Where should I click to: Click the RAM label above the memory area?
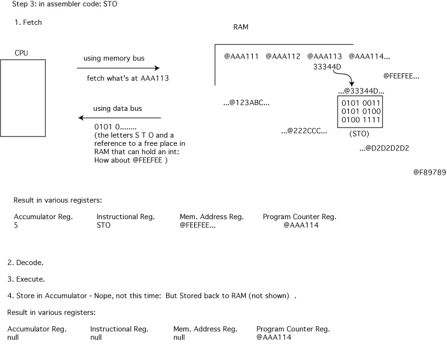click(x=241, y=27)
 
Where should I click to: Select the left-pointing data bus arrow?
click(x=119, y=118)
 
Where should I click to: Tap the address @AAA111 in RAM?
click(x=241, y=57)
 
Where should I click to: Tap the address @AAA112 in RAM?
click(x=283, y=57)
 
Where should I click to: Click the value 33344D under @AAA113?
click(x=328, y=66)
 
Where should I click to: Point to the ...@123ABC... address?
click(x=246, y=103)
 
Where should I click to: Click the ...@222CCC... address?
click(x=304, y=131)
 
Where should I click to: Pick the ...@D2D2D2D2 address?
click(x=384, y=148)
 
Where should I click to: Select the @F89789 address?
click(x=429, y=172)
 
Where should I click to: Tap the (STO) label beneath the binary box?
click(x=360, y=134)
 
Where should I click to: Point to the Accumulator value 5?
click(x=16, y=225)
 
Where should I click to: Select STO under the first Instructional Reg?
click(x=104, y=225)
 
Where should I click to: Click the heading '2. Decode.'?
click(x=25, y=263)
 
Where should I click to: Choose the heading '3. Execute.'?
click(x=26, y=279)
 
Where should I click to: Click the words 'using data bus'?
click(x=118, y=108)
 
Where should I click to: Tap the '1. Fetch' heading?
click(x=28, y=22)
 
